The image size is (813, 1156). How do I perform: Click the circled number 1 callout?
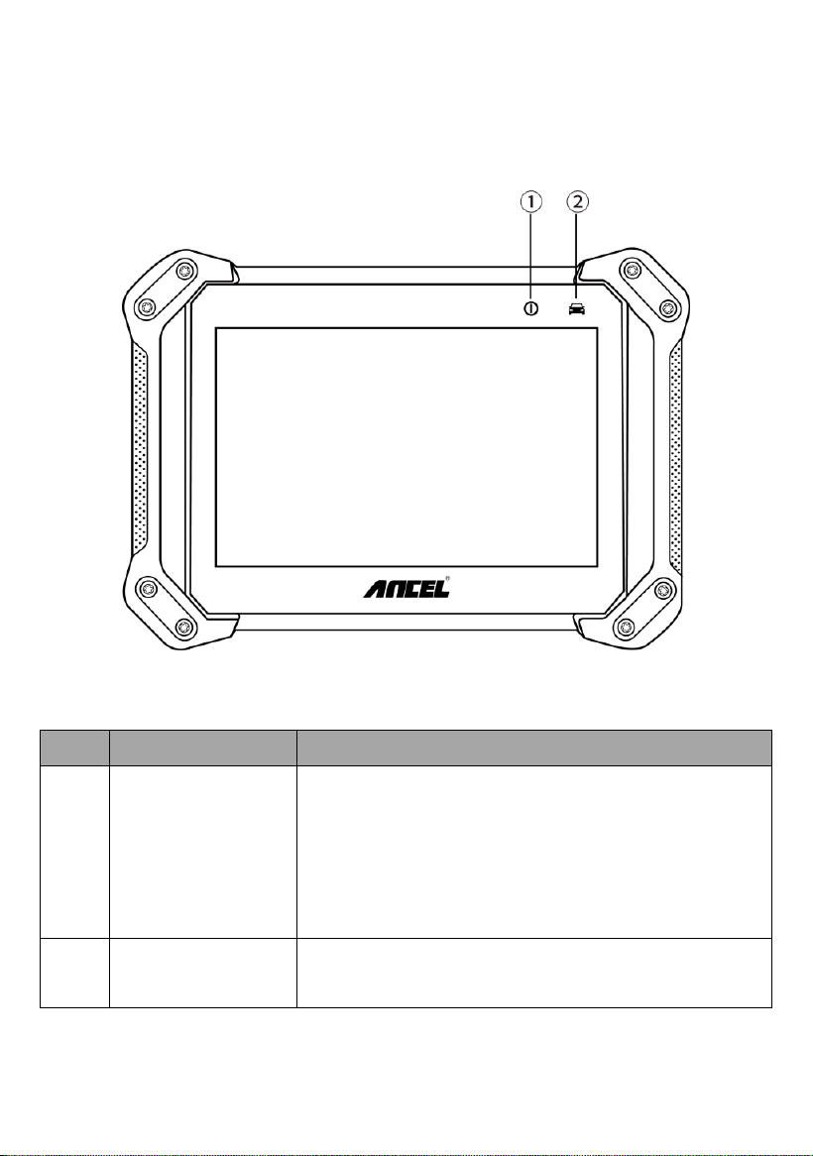point(530,201)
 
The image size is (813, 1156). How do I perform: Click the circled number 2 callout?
point(577,201)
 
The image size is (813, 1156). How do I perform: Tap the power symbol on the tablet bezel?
point(530,309)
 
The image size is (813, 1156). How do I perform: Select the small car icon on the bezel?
point(576,309)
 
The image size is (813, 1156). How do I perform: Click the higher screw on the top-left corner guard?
point(182,270)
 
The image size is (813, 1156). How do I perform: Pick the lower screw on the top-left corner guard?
point(145,306)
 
